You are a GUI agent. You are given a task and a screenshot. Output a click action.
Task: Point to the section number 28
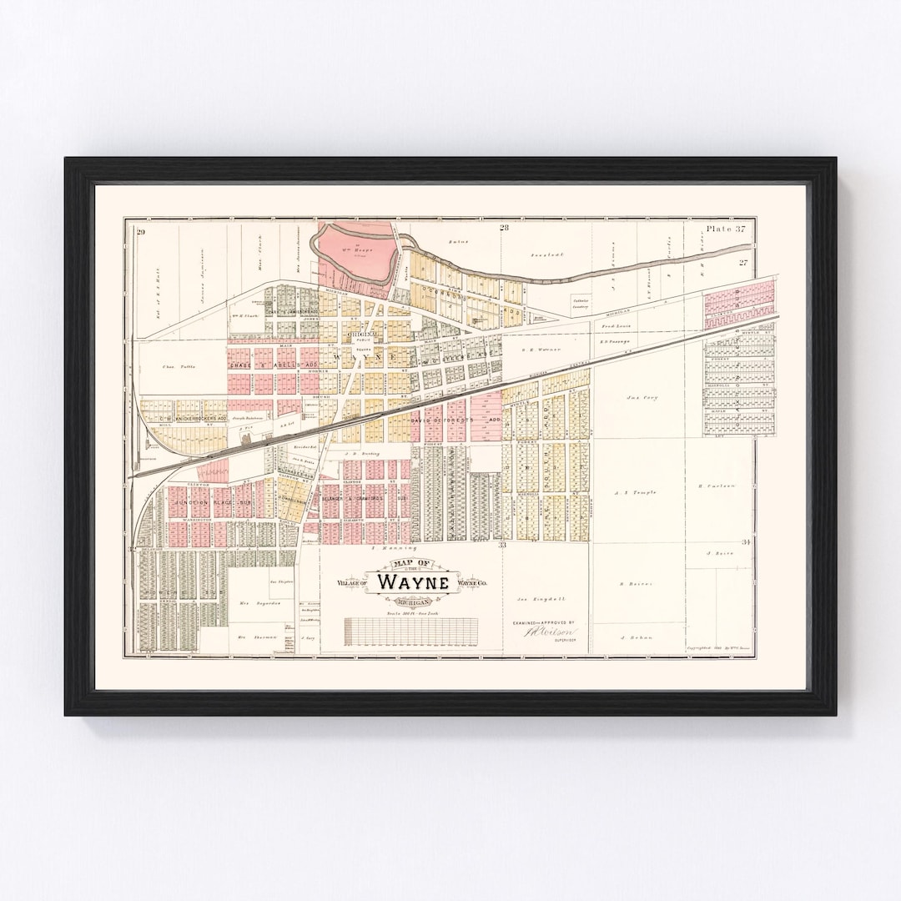504,227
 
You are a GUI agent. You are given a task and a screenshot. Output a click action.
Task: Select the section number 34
746,542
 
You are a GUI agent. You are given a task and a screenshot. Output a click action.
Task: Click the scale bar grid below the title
410,632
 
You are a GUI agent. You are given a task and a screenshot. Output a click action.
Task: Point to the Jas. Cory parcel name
642,398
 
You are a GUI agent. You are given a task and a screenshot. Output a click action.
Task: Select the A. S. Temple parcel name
636,492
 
